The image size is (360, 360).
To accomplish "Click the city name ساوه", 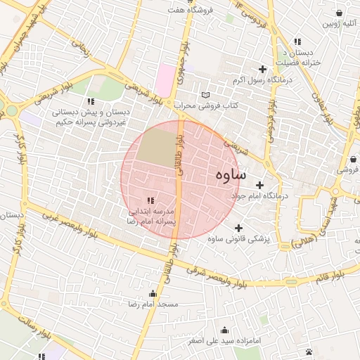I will tap(231, 174).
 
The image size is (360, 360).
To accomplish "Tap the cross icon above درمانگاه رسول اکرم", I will tap(263, 69).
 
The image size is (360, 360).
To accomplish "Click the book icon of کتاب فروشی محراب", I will tap(205, 95).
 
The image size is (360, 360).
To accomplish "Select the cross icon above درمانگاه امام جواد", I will tap(259, 185).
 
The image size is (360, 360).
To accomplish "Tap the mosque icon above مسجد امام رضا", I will tap(153, 294).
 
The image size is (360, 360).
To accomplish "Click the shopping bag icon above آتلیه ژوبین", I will tap(340, 13).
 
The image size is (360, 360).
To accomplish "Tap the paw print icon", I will tap(309, 351).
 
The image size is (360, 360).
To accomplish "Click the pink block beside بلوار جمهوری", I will tap(165, 79).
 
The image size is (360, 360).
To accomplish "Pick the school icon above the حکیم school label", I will tap(89, 102).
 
